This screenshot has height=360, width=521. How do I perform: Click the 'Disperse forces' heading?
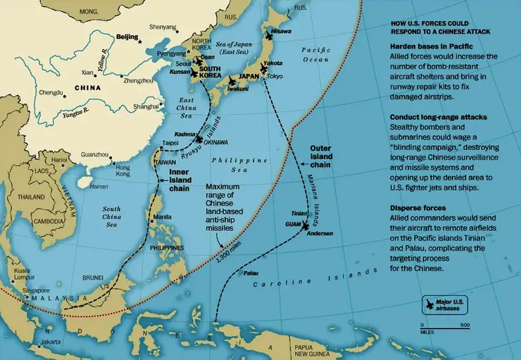coord(416,208)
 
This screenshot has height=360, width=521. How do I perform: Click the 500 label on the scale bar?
coord(465,325)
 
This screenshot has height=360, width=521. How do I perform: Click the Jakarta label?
coord(51,342)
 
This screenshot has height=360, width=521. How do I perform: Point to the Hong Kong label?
coord(123,170)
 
